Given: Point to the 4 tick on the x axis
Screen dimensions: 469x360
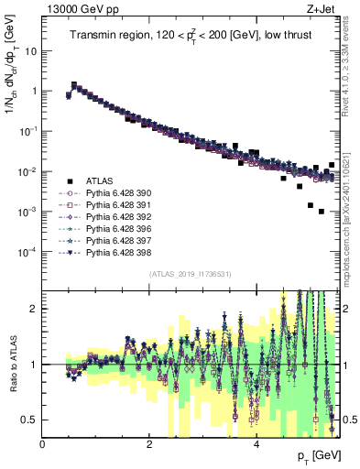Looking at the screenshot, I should coord(256,444).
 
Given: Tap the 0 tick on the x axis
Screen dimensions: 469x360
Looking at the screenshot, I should coord(42,444).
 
